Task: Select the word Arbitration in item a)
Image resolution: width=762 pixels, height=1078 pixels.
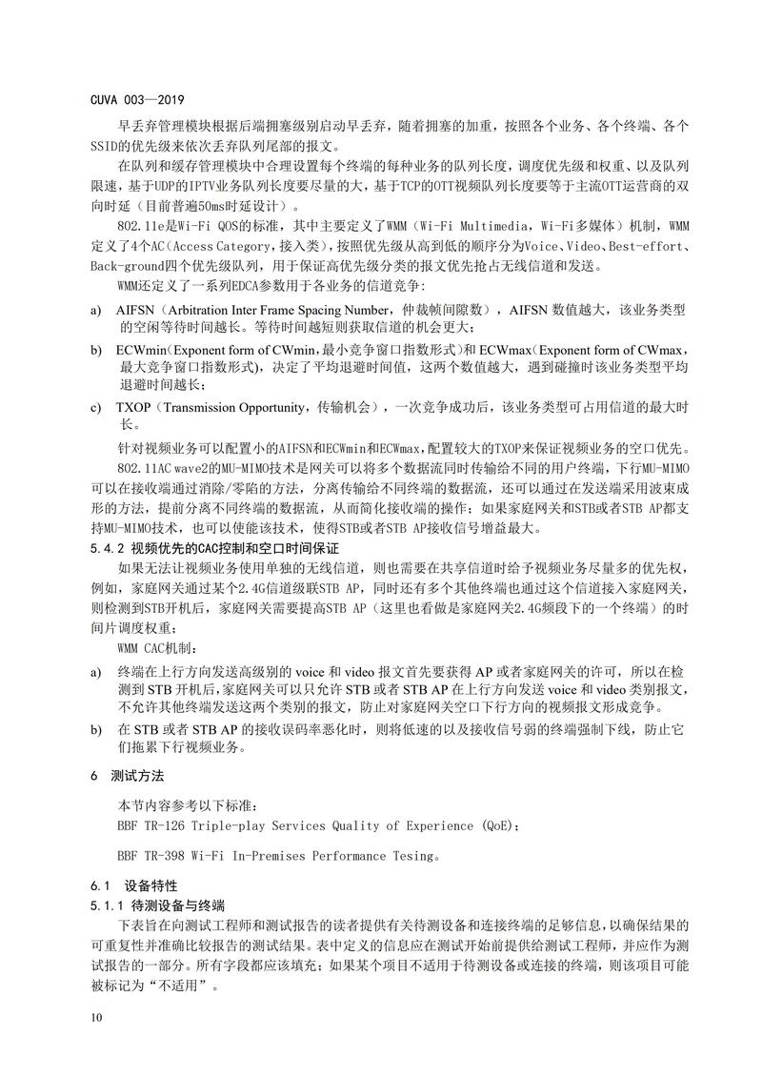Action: [x=209, y=310]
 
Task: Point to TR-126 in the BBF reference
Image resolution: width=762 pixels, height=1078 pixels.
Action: [x=174, y=825]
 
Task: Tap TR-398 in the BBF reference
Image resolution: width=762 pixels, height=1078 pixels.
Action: [x=174, y=856]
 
